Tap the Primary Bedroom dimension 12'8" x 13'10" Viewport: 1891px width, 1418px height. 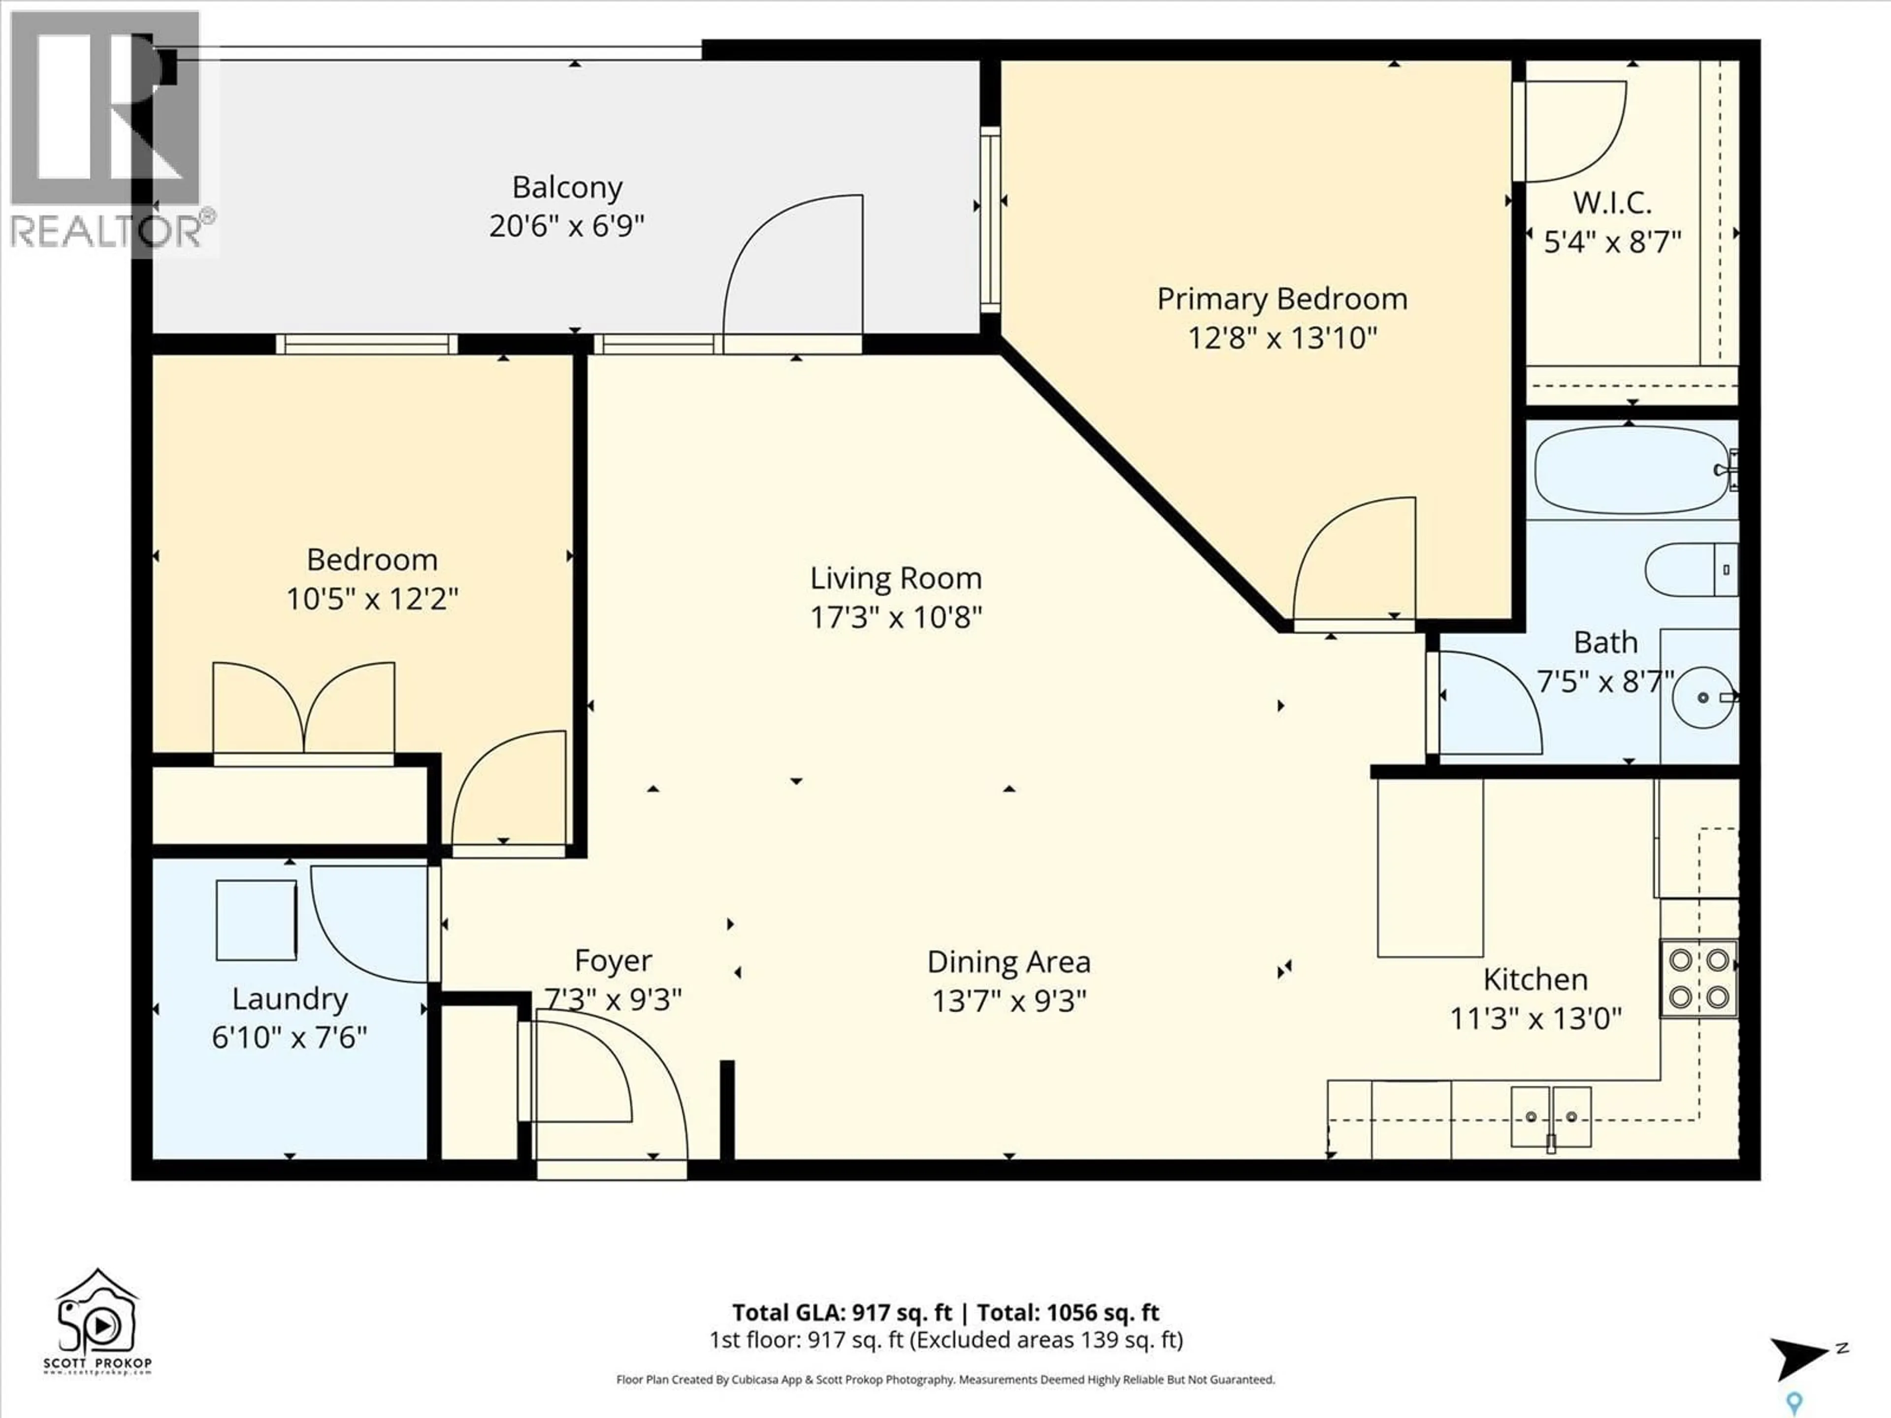point(1281,338)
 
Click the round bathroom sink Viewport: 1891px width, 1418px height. point(1702,697)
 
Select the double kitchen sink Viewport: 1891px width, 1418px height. point(1551,1116)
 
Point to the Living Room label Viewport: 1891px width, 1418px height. point(895,579)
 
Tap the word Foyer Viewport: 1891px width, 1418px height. point(613,961)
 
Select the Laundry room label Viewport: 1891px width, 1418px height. point(290,999)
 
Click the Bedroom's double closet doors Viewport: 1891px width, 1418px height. point(303,709)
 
